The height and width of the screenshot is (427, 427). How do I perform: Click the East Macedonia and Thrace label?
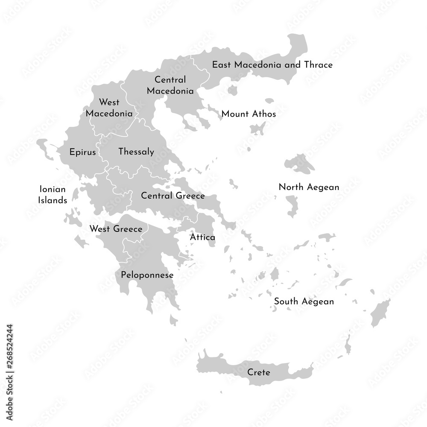click(x=272, y=65)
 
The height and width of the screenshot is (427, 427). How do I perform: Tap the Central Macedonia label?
click(x=170, y=85)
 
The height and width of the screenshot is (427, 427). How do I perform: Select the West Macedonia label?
click(x=109, y=108)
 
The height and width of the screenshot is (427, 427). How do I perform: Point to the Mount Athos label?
click(x=249, y=114)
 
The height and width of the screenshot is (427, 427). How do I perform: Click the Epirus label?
click(x=82, y=152)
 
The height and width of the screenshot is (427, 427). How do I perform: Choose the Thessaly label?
click(x=136, y=152)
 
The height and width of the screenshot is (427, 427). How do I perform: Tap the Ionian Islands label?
click(x=53, y=195)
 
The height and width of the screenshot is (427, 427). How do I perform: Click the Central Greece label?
click(x=173, y=196)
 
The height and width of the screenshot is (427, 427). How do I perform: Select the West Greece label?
click(x=116, y=229)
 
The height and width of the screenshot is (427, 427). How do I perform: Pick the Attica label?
click(x=202, y=237)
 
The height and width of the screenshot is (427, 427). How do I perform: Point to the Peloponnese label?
click(x=147, y=275)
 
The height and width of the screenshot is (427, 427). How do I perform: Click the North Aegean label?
click(x=309, y=187)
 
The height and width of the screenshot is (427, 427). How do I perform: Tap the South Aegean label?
click(x=304, y=301)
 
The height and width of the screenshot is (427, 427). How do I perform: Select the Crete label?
click(x=259, y=372)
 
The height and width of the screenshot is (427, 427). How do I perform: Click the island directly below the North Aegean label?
click(x=292, y=205)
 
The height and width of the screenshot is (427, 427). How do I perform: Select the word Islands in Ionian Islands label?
click(x=53, y=200)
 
